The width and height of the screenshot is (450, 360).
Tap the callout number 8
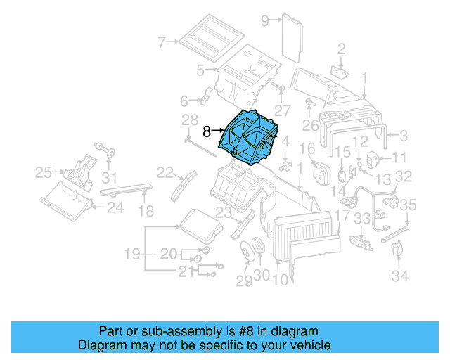[x=207, y=131]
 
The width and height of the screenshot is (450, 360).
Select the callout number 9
[x=265, y=21]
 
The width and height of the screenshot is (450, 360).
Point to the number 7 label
[x=161, y=42]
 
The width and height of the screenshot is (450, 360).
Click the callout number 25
[x=44, y=171]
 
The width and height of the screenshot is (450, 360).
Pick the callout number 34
[x=399, y=276]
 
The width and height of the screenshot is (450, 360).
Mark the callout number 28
[x=190, y=119]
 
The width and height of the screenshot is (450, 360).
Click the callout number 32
[x=403, y=176]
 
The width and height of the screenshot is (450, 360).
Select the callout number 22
[x=165, y=172]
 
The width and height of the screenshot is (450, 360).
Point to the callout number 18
[x=145, y=211]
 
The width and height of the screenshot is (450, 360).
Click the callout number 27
[x=282, y=110]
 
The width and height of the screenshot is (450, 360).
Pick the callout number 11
[x=399, y=157]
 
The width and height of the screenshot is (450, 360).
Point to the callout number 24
[x=115, y=207]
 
